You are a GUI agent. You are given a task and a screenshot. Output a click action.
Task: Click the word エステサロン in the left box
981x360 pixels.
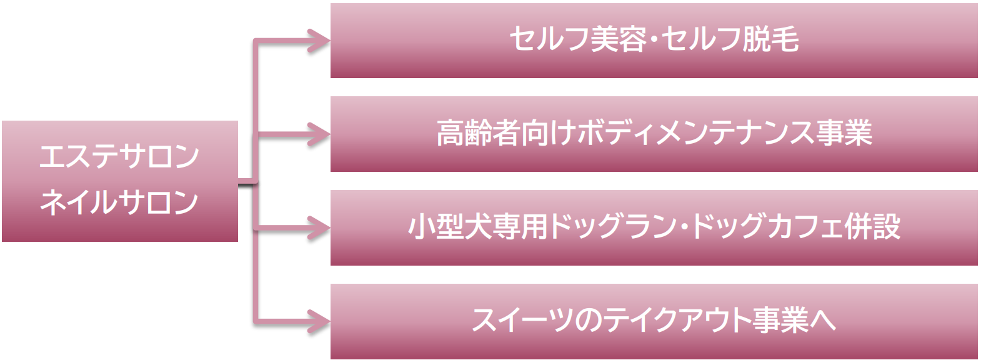pyautogui.click(x=119, y=156)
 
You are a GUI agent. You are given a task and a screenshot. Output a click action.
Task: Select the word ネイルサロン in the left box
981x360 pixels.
pyautogui.click(x=119, y=202)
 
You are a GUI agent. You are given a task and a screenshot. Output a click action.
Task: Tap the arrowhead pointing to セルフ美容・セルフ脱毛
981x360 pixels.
pyautogui.click(x=320, y=41)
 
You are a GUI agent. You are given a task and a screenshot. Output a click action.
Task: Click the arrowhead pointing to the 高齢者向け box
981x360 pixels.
pyautogui.click(x=320, y=134)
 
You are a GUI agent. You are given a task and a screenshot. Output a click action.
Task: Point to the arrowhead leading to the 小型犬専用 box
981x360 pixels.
pyautogui.click(x=320, y=227)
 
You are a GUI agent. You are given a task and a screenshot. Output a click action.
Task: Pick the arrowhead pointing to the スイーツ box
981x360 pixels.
pyautogui.click(x=320, y=321)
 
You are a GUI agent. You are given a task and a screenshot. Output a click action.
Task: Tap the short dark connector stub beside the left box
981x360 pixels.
pyautogui.click(x=247, y=182)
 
